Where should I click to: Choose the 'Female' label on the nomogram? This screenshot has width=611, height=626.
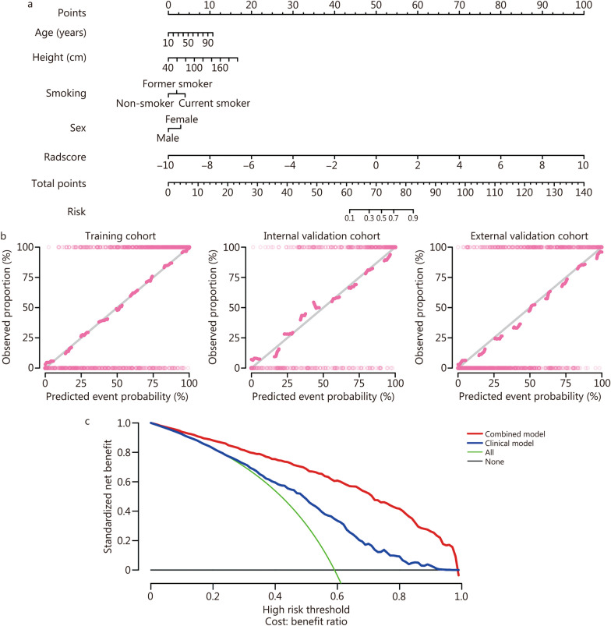[x=182, y=119]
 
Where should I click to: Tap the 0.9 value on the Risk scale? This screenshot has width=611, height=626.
[x=412, y=218]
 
